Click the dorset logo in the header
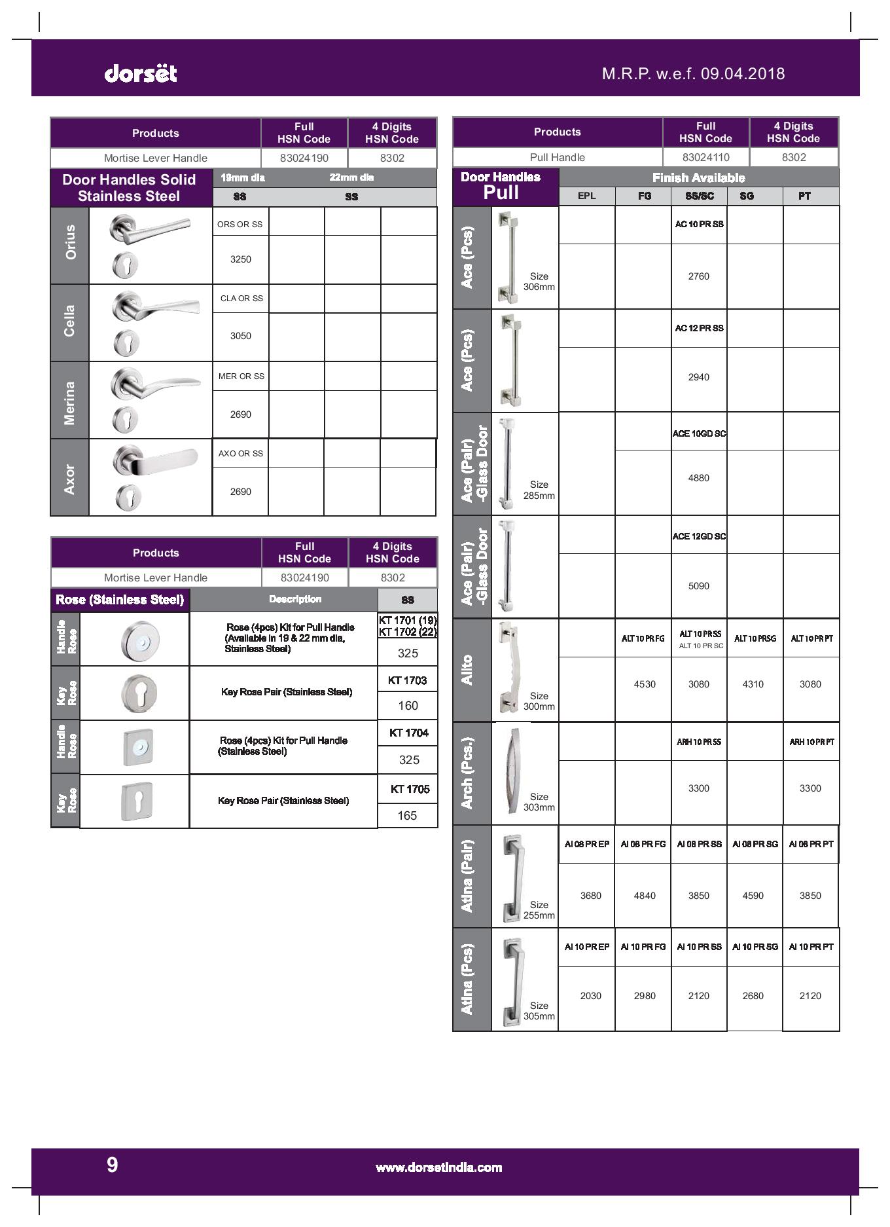coord(141,73)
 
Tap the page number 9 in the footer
coord(112,1165)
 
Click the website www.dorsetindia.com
coord(438,1167)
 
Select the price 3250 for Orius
coord(240,259)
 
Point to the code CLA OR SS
coord(241,299)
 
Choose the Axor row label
coord(69,479)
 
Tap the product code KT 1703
coord(407,680)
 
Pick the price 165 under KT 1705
coord(407,815)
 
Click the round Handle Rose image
coord(139,640)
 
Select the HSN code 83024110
coord(705,157)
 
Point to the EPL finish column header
coord(586,196)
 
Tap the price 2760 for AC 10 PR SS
coord(698,276)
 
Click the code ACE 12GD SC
coord(699,536)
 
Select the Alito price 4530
coord(644,684)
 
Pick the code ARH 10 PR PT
coord(811,742)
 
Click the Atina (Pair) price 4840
coord(644,896)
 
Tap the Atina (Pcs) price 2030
coord(590,996)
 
